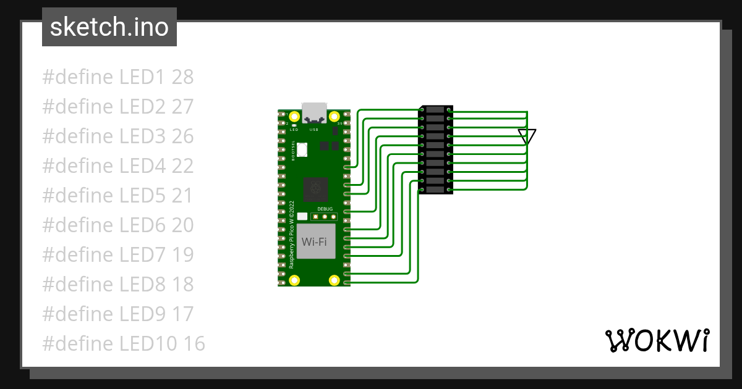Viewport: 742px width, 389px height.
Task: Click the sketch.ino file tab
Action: coord(109,27)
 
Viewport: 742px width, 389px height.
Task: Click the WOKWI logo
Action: coord(657,340)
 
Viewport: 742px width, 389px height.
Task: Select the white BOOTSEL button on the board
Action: coord(302,149)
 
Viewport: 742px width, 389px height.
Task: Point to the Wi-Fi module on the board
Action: coord(314,241)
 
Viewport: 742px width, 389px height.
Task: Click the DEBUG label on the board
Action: coord(325,209)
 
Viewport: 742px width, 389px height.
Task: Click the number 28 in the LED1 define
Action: coord(182,77)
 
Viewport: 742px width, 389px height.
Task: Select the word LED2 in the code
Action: coord(143,107)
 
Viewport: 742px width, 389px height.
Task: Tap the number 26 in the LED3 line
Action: coord(182,136)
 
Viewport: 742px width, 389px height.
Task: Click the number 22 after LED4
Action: coord(182,166)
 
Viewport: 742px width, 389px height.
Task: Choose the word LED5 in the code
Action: coord(143,196)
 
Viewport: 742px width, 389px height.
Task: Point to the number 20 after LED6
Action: coord(182,225)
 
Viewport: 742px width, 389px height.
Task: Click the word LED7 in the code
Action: coord(143,255)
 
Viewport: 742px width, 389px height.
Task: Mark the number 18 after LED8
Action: coord(182,285)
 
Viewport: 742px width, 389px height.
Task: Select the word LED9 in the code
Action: coord(143,314)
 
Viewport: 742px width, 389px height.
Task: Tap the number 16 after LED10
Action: coord(194,344)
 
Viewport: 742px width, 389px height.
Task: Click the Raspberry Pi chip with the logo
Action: coord(315,188)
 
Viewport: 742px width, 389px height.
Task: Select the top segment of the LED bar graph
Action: coord(436,110)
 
